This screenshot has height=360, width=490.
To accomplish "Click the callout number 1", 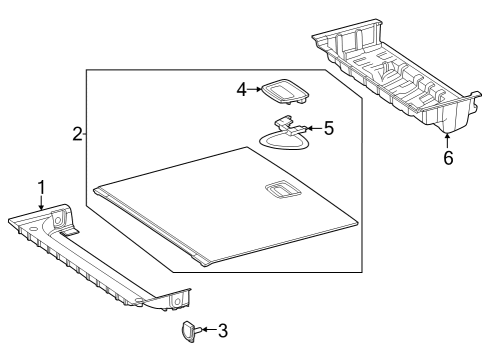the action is click(42, 188).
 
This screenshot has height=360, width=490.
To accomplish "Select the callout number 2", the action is click(78, 134).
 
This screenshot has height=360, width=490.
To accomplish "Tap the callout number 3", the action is click(223, 330).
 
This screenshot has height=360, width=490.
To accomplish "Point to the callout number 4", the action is click(242, 89).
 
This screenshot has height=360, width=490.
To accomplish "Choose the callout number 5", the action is click(329, 128).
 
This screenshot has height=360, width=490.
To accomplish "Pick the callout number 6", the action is click(448, 157).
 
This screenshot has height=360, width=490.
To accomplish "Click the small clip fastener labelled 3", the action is click(191, 331).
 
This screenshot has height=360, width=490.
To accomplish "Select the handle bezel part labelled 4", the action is click(284, 91).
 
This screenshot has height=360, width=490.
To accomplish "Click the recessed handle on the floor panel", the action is click(283, 190).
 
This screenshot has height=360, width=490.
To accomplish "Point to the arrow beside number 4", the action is click(254, 89).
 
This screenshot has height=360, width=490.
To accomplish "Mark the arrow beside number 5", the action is click(314, 128).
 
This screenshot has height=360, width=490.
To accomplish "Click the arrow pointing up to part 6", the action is click(447, 140).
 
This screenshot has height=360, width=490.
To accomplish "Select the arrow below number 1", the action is click(41, 203).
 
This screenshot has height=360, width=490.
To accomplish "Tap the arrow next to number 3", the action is click(209, 330).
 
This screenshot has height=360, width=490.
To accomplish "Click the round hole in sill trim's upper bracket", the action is click(58, 220).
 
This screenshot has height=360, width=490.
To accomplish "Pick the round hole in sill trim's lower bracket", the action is click(177, 302).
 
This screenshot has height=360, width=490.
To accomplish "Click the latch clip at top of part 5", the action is click(283, 121).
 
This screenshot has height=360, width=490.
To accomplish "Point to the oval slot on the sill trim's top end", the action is click(33, 229).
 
